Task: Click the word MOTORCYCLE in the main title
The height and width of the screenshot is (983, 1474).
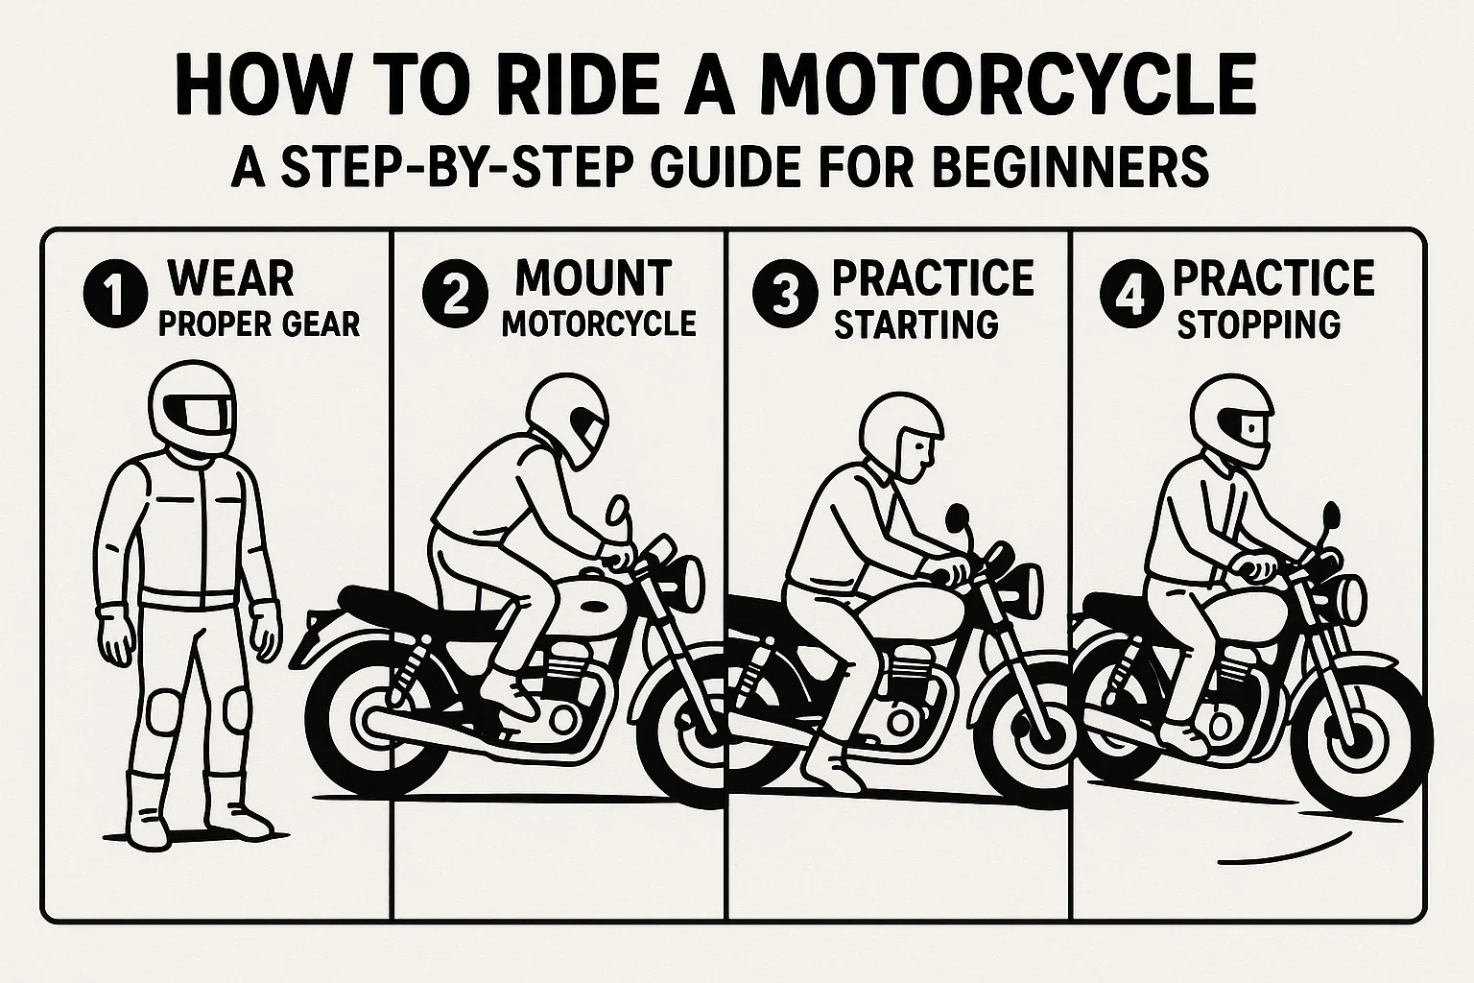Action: pyautogui.click(x=1007, y=84)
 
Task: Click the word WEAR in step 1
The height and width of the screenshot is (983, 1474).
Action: pyautogui.click(x=230, y=277)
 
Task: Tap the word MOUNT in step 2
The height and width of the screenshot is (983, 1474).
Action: pyautogui.click(x=593, y=277)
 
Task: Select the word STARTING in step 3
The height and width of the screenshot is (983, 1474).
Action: pyautogui.click(x=915, y=325)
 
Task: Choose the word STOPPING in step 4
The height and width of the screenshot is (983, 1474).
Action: pyautogui.click(x=1258, y=325)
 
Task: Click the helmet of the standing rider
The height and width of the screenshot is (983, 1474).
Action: pyautogui.click(x=193, y=412)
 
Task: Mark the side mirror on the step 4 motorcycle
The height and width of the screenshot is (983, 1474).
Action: pyautogui.click(x=1329, y=516)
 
